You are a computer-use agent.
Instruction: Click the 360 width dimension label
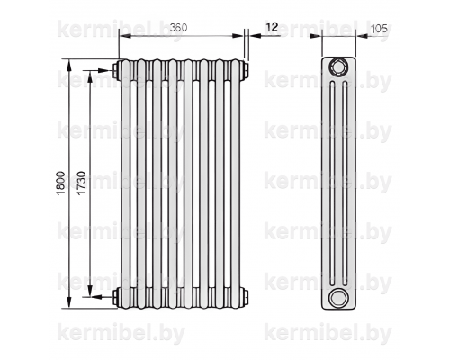tap(178, 28)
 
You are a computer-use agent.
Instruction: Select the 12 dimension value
tap(272, 27)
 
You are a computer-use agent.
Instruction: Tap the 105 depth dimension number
tap(379, 29)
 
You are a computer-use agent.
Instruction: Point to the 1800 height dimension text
tap(60, 184)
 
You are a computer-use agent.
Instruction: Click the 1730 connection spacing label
tap(81, 184)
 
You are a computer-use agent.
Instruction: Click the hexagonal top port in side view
tap(338, 67)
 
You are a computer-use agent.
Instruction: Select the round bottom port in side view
tap(338, 298)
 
